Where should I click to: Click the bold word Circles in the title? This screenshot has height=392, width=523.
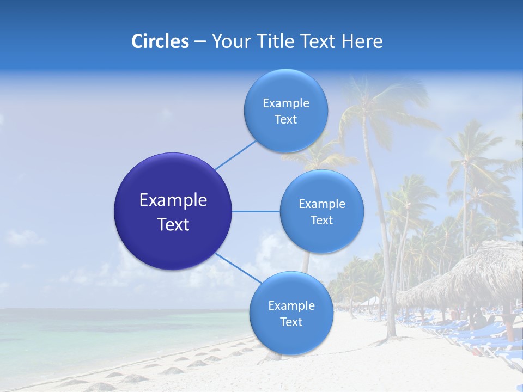pos(160,41)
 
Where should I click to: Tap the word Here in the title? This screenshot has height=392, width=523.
pos(362,41)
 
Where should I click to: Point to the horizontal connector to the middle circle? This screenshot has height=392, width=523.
pos(256,211)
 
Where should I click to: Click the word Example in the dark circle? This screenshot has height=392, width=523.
pos(173,200)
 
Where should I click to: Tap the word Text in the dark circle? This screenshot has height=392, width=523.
pos(173,224)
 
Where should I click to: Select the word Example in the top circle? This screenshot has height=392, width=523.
pos(286,103)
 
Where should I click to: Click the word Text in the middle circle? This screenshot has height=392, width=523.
pos(321,220)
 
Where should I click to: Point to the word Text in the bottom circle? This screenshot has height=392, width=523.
pos(291,322)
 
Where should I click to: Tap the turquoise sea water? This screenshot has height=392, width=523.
pos(109,332)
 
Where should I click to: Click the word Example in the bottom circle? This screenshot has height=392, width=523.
pos(291,306)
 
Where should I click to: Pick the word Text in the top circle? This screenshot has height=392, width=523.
pos(285,120)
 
